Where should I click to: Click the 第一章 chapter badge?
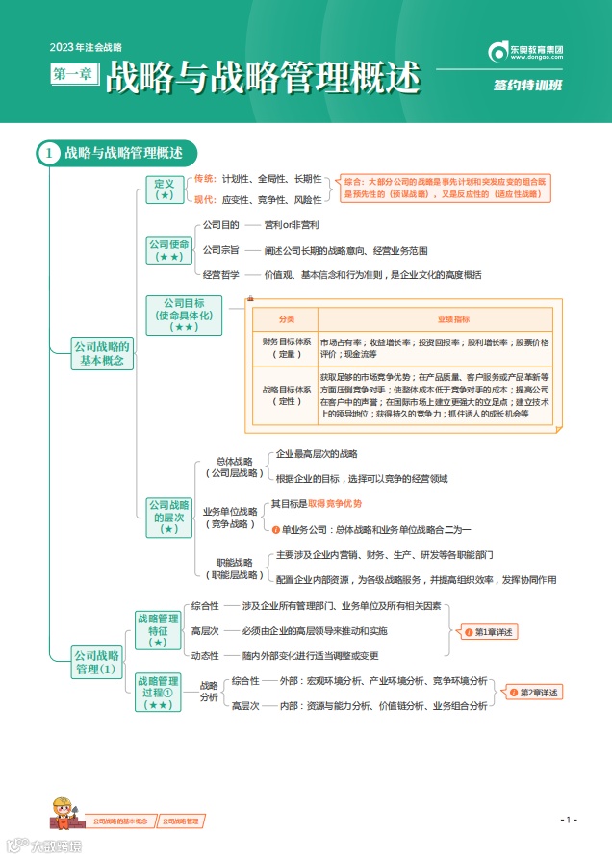(x=74, y=73)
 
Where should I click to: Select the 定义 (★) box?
(x=164, y=189)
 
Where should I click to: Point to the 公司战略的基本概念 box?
(x=102, y=353)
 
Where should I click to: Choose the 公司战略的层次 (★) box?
(x=168, y=517)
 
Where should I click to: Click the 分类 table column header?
(x=286, y=318)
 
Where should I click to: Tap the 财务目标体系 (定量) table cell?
(x=286, y=347)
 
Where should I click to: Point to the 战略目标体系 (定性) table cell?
(x=286, y=395)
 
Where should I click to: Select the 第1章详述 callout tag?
(x=491, y=632)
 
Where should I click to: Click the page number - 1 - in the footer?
(x=568, y=820)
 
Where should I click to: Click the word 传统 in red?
(x=205, y=179)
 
